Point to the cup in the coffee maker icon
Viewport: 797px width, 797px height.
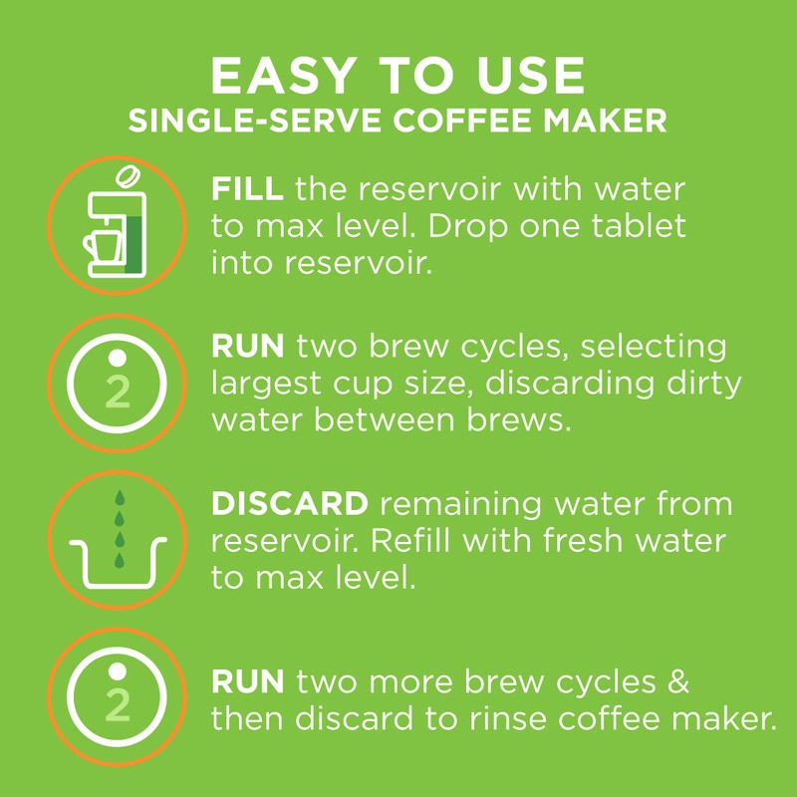tap(105, 244)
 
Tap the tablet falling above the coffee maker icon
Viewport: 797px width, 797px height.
tap(128, 177)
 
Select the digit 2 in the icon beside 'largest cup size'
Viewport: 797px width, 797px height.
tap(118, 393)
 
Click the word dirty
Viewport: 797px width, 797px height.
tap(709, 384)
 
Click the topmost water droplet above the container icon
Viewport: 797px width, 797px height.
tap(119, 497)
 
